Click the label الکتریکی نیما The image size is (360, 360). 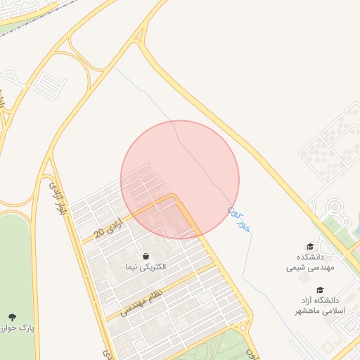point(145,267)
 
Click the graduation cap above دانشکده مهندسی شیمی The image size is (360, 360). point(309,247)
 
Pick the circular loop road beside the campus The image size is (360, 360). point(335,208)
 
